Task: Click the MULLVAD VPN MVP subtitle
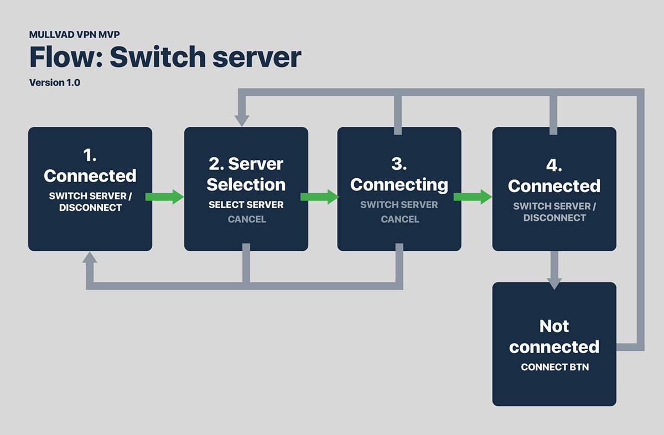(x=74, y=35)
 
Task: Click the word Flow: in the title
(x=66, y=57)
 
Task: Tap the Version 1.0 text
(x=55, y=82)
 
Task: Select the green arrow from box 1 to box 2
(x=164, y=197)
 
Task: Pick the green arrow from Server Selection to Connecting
(x=320, y=197)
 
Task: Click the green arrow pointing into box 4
(x=473, y=197)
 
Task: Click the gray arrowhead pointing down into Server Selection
(x=242, y=121)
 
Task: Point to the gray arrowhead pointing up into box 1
(x=90, y=257)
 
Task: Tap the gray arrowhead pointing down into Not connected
(x=554, y=283)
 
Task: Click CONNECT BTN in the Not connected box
(x=554, y=367)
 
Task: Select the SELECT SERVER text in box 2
(x=246, y=205)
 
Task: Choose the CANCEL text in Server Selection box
(x=247, y=219)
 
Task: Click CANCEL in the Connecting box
(x=400, y=219)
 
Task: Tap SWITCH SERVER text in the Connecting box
(x=399, y=205)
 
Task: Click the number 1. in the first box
(x=90, y=155)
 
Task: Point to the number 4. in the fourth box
(x=554, y=165)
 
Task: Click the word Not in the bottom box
(x=554, y=327)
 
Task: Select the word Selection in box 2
(x=246, y=184)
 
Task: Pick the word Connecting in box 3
(x=399, y=185)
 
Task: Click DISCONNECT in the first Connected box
(x=90, y=208)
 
